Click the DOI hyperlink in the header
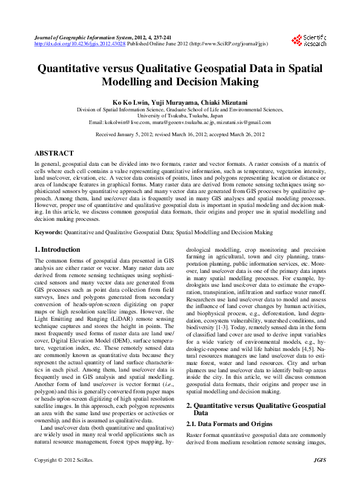tap(79, 44)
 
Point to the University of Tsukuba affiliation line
tap(180, 116)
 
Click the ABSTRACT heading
tap(54, 154)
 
